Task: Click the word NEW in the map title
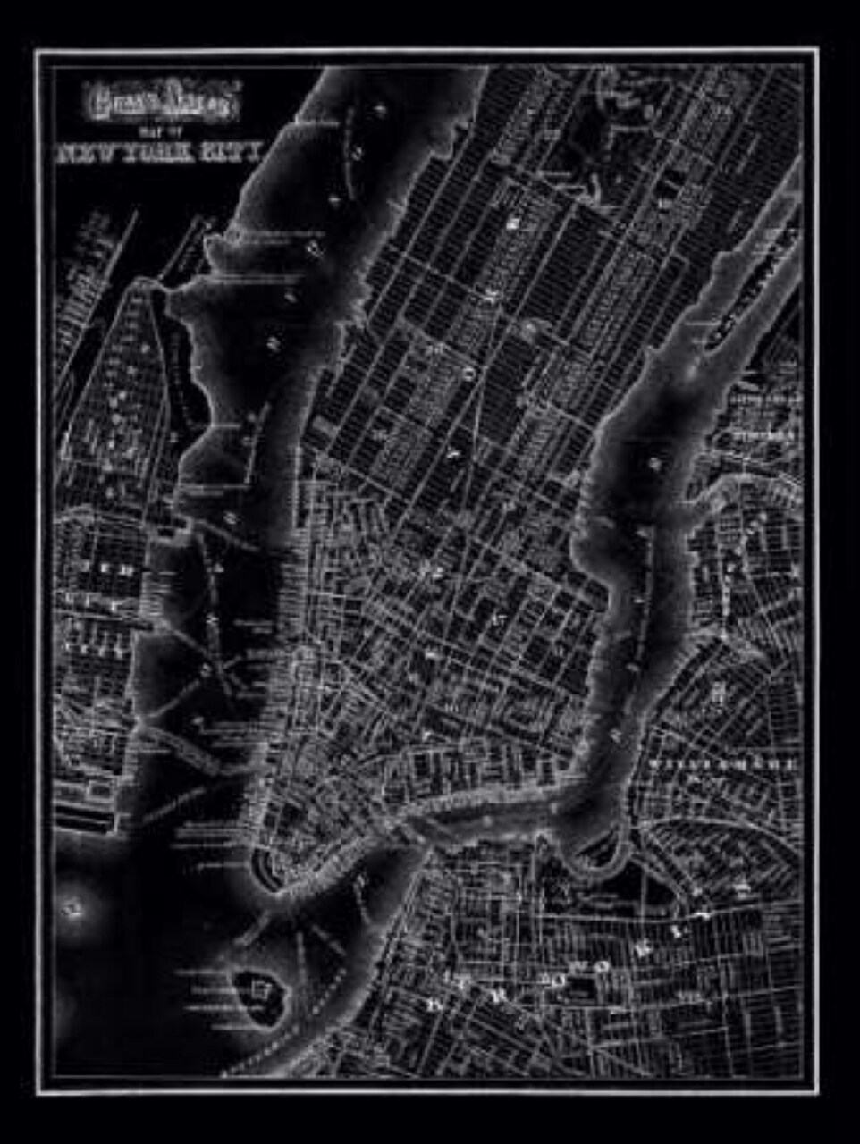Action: [86, 153]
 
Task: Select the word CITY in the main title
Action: [231, 153]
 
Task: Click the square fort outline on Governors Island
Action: [260, 988]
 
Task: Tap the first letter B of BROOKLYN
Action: [435, 1005]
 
